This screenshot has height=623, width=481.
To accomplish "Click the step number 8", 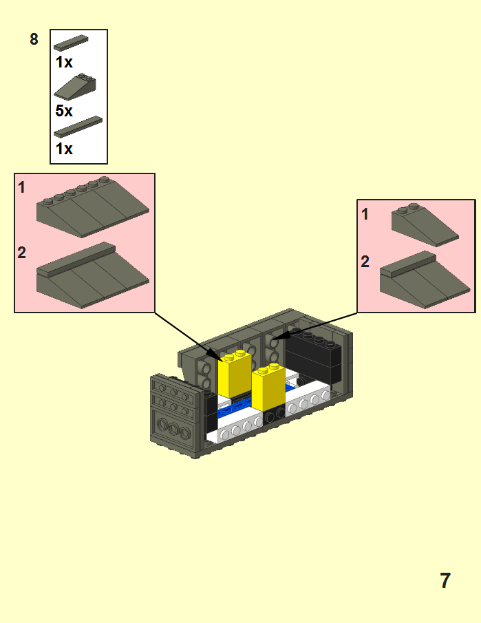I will point(34,39).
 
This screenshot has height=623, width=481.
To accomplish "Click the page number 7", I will point(445,580).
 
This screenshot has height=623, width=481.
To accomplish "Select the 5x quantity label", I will point(64,110).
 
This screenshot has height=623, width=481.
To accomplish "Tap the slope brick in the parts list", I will point(75,85).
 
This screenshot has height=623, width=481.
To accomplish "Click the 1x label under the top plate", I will point(64,62).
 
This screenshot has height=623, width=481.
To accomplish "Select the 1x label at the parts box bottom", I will point(64,148).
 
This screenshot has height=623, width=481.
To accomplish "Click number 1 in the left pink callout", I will point(22,187).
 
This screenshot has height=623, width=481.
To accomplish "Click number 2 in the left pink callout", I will point(22,253).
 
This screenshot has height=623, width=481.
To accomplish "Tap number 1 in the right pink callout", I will point(365,214).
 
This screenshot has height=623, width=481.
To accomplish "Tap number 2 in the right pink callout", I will point(365,262).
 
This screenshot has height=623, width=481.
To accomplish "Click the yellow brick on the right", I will point(268,388).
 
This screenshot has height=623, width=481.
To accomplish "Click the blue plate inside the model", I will point(237,414).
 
